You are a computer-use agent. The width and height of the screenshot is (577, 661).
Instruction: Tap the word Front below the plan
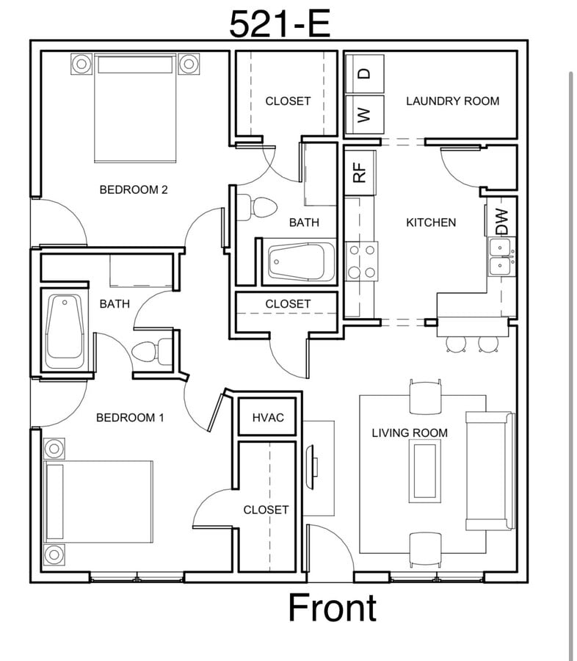[332, 608]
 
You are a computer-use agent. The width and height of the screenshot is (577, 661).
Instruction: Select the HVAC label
[268, 417]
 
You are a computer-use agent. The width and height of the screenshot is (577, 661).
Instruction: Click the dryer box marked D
[364, 73]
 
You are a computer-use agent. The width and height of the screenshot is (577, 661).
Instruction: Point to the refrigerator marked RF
[360, 173]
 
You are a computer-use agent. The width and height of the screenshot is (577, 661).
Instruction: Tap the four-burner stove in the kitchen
[361, 261]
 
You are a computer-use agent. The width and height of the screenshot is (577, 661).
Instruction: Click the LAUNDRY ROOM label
[452, 101]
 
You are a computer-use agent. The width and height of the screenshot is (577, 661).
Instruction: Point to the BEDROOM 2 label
[134, 189]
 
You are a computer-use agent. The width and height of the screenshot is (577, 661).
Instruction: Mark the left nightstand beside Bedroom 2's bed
[81, 64]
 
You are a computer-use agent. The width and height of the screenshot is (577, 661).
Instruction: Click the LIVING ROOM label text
[409, 433]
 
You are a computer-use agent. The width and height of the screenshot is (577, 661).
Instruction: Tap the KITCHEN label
[431, 222]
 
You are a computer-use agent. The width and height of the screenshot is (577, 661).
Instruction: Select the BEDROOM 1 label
[130, 418]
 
